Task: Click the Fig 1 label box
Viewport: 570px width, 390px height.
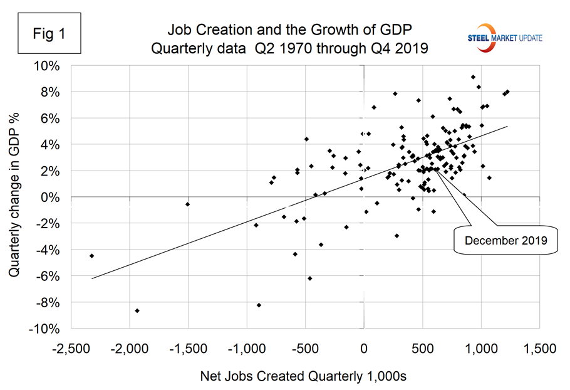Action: pos(51,34)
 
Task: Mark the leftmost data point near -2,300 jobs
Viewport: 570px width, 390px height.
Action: pos(92,256)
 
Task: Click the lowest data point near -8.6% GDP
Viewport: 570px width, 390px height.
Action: pos(137,310)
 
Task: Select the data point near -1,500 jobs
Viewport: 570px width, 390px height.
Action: pos(187,204)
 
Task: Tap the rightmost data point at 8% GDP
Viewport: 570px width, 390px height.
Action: pos(507,92)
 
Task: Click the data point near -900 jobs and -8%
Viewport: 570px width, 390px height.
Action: pos(259,305)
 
